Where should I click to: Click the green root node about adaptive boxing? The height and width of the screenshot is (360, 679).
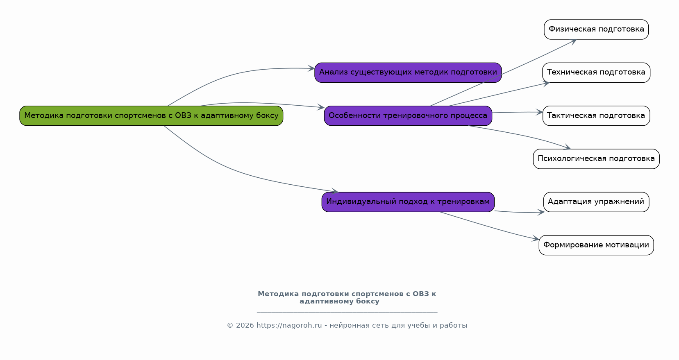pos(151,115)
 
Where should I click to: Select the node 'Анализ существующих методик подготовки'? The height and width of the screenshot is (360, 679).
pos(408,72)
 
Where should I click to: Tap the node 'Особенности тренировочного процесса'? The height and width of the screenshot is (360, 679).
pos(408,115)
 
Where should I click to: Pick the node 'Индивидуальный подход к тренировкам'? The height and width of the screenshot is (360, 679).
pos(408,202)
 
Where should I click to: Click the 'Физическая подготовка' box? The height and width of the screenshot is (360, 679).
pos(596,29)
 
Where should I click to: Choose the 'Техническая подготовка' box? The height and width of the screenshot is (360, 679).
pos(596,72)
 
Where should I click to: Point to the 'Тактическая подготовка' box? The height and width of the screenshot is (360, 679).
pos(596,115)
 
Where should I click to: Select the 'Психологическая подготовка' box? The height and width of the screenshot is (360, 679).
pos(596,159)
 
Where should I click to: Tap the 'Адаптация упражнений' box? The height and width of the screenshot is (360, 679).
pos(596,202)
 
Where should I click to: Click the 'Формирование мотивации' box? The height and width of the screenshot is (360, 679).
pos(596,245)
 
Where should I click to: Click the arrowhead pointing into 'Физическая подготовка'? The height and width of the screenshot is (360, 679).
pos(573,42)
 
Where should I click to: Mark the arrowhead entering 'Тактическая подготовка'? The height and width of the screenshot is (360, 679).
pos(539,112)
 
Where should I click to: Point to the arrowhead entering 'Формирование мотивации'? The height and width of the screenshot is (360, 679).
pos(536,238)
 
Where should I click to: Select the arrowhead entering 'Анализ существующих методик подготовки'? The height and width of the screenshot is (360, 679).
pos(311,68)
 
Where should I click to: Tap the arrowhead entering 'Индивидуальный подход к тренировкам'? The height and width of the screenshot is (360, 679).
pos(335,191)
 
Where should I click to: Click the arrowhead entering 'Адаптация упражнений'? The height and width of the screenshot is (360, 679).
pos(541,212)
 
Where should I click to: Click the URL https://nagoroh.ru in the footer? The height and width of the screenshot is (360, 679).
pos(289,326)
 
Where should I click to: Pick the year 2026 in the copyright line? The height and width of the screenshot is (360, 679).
pos(245,326)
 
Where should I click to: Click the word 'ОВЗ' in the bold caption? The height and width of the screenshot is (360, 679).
pos(421,294)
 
